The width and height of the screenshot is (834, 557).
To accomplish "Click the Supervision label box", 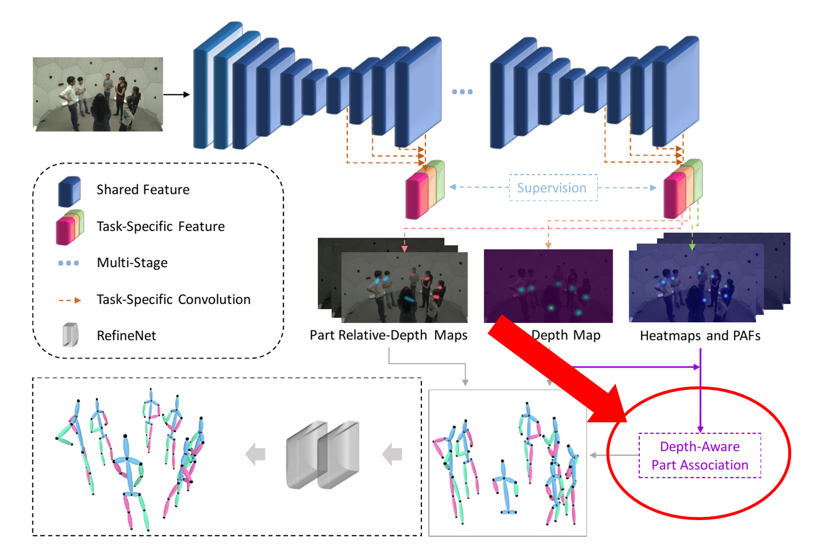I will [553, 187].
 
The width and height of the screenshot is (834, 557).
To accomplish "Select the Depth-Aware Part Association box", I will [699, 455].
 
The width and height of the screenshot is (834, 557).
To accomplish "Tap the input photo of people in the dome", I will [98, 94].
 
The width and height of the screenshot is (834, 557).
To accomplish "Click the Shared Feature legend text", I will [143, 189].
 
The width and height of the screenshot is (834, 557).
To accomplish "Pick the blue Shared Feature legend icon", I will [69, 191].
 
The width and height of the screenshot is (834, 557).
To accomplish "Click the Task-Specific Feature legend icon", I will [69, 227].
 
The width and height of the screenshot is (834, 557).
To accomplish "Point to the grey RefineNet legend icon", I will [70, 335].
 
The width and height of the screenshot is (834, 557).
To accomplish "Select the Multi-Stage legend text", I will [132, 263].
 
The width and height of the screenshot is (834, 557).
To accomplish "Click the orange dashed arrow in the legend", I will [69, 300].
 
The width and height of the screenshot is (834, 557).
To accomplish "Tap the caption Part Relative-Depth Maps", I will [388, 335].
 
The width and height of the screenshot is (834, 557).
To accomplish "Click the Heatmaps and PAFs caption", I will [700, 336].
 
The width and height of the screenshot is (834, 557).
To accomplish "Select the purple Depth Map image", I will [548, 285].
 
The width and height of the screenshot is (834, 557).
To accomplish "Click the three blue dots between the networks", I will [462, 92].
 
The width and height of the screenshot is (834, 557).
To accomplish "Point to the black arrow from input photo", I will [176, 94].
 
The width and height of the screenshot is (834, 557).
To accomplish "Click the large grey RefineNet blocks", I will [323, 455].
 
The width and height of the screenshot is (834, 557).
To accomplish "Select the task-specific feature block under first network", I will [424, 189].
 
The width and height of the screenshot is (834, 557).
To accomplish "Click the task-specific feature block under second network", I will [683, 188].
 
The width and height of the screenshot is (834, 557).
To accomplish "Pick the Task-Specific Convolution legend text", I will [173, 299].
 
